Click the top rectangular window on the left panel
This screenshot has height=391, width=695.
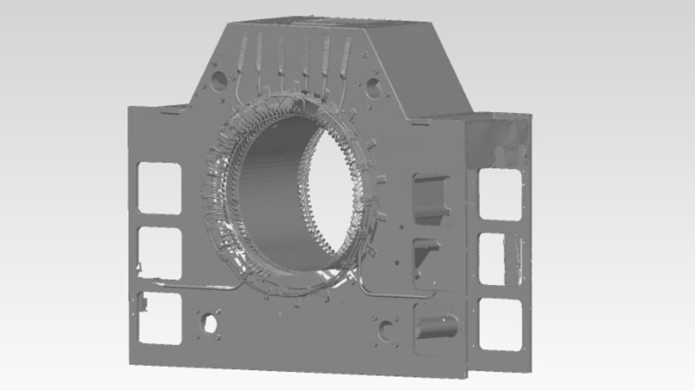159,188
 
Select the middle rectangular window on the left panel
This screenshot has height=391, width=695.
159,253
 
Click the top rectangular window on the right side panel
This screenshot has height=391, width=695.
500,194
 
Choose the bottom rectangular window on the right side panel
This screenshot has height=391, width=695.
500,324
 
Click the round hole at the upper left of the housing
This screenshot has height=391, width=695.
219,81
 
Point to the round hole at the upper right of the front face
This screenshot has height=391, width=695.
373,88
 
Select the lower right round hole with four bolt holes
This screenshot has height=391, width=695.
386,331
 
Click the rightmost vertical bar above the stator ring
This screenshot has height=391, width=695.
345,57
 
